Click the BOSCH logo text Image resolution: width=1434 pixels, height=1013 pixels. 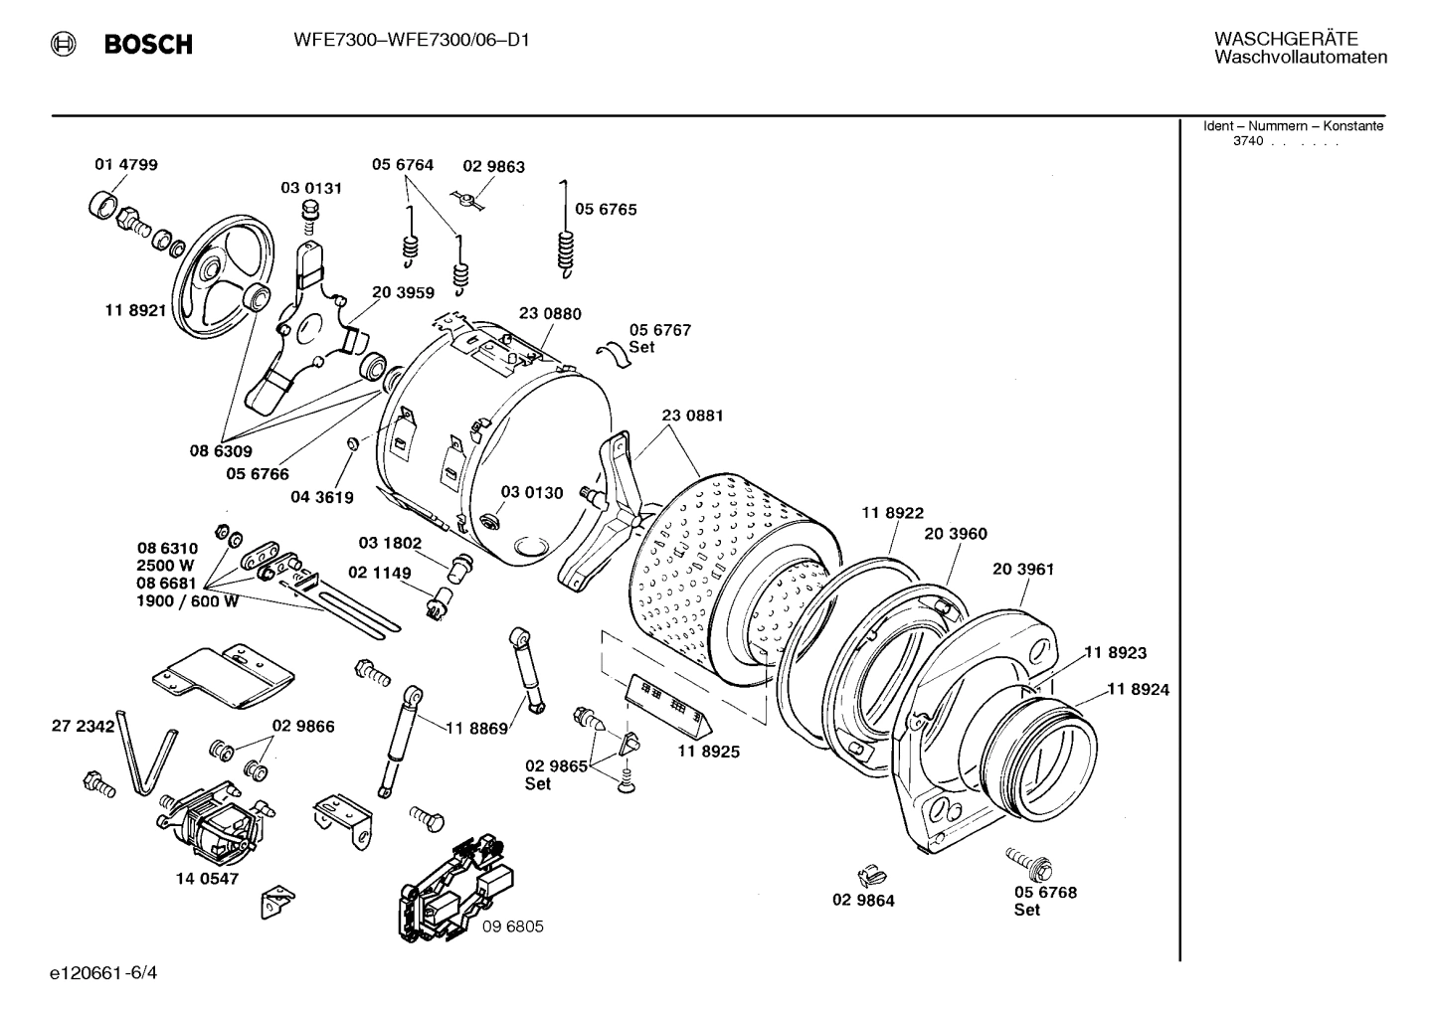147,45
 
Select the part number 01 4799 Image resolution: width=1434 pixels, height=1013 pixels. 126,164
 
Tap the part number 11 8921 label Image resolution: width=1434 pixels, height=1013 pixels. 135,310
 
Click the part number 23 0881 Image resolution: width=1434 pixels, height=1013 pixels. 692,416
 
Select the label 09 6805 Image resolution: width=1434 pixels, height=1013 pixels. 513,927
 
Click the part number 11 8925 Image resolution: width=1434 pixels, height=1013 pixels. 709,752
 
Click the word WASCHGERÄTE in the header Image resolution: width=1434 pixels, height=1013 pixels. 1286,39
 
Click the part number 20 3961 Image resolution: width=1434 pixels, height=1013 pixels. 1022,570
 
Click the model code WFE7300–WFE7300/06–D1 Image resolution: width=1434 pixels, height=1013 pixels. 412,42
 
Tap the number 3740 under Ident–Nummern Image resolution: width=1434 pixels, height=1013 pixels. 1248,141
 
